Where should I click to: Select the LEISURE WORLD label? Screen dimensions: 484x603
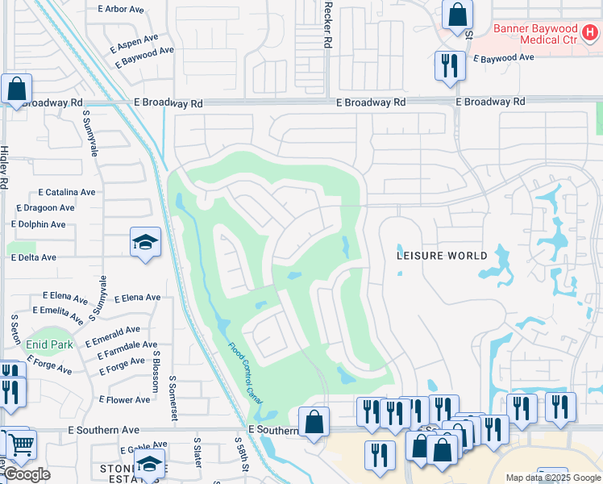442,256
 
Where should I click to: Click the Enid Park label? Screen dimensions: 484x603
49,344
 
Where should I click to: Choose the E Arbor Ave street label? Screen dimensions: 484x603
122,10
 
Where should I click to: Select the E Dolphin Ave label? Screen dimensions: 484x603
39,225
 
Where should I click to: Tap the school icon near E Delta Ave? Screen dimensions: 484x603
145,242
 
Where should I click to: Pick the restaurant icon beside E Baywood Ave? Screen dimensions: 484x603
450,65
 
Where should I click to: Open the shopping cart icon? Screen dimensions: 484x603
22,444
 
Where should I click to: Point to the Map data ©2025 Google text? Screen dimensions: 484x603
552,478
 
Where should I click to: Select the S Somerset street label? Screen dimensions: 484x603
173,397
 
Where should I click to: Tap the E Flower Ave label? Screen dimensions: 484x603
124,399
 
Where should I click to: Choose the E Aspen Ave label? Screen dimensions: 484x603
136,39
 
